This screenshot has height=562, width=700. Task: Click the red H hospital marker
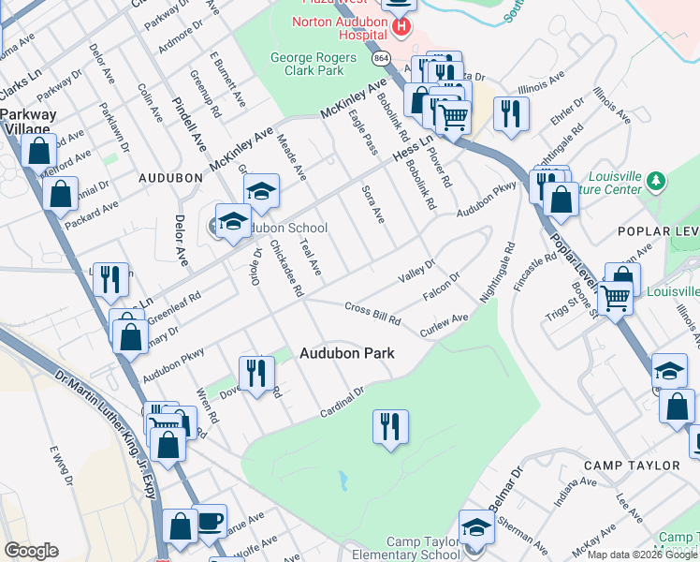(401, 26)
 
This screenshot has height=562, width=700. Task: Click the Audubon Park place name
(346, 353)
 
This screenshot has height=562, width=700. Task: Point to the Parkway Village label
(28, 122)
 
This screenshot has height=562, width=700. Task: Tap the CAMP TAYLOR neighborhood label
(631, 466)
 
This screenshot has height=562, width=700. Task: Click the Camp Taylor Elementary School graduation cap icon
(476, 525)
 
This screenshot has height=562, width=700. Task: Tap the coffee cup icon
(210, 519)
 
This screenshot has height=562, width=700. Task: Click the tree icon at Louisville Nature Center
(657, 180)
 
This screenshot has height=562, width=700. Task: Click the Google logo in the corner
(31, 551)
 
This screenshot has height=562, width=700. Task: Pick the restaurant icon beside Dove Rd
(255, 372)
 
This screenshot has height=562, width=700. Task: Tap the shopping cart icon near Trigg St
(614, 297)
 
